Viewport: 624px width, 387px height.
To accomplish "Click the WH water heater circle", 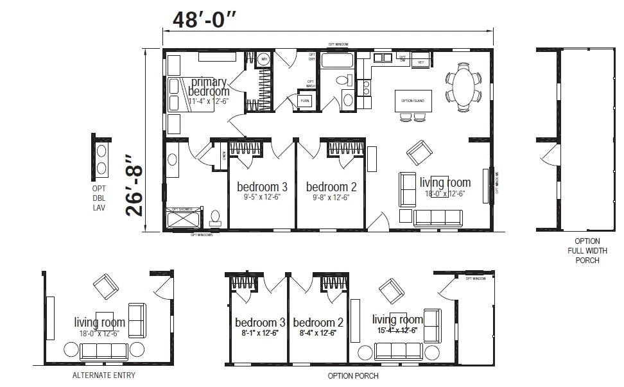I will coord(263,60).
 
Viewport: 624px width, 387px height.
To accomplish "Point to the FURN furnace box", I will coord(304,101).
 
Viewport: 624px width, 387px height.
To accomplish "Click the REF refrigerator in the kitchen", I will coord(421,62).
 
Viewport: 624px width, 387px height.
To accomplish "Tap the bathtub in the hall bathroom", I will coord(337,62).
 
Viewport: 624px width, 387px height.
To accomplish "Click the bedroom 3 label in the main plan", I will coord(262,187).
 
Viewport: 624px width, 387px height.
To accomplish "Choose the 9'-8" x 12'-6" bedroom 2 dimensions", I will coord(331,197).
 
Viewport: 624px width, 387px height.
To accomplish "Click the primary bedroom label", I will coord(208,87).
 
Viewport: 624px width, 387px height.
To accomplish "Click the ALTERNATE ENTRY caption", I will coord(103,375).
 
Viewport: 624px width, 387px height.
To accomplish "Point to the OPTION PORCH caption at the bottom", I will coord(352,375).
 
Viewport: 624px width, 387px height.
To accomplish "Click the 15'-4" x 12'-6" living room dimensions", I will coord(397,330).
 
